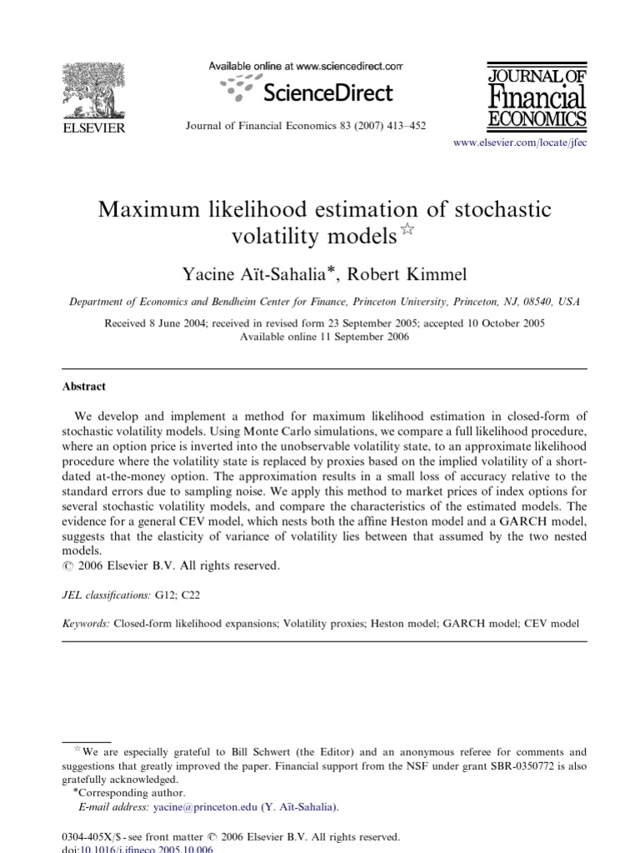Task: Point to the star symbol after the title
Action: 407,230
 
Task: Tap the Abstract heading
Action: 84,387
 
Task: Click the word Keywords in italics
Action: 86,622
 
